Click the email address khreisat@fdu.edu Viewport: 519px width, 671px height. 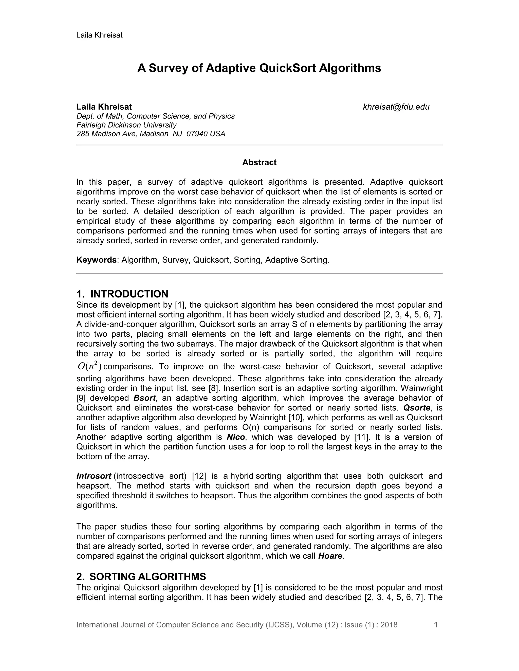pos(396,107)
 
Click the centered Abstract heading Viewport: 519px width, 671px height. pos(259,163)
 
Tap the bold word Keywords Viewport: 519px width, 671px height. pos(96,260)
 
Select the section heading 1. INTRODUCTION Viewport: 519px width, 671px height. pos(122,294)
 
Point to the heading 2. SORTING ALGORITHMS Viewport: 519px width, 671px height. pos(141,577)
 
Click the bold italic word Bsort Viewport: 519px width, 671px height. pos(144,398)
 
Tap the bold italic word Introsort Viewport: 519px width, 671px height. pos(94,476)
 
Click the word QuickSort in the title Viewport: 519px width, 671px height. pos(287,68)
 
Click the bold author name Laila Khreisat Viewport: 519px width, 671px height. pos(104,107)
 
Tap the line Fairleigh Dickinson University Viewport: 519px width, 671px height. pos(126,125)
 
